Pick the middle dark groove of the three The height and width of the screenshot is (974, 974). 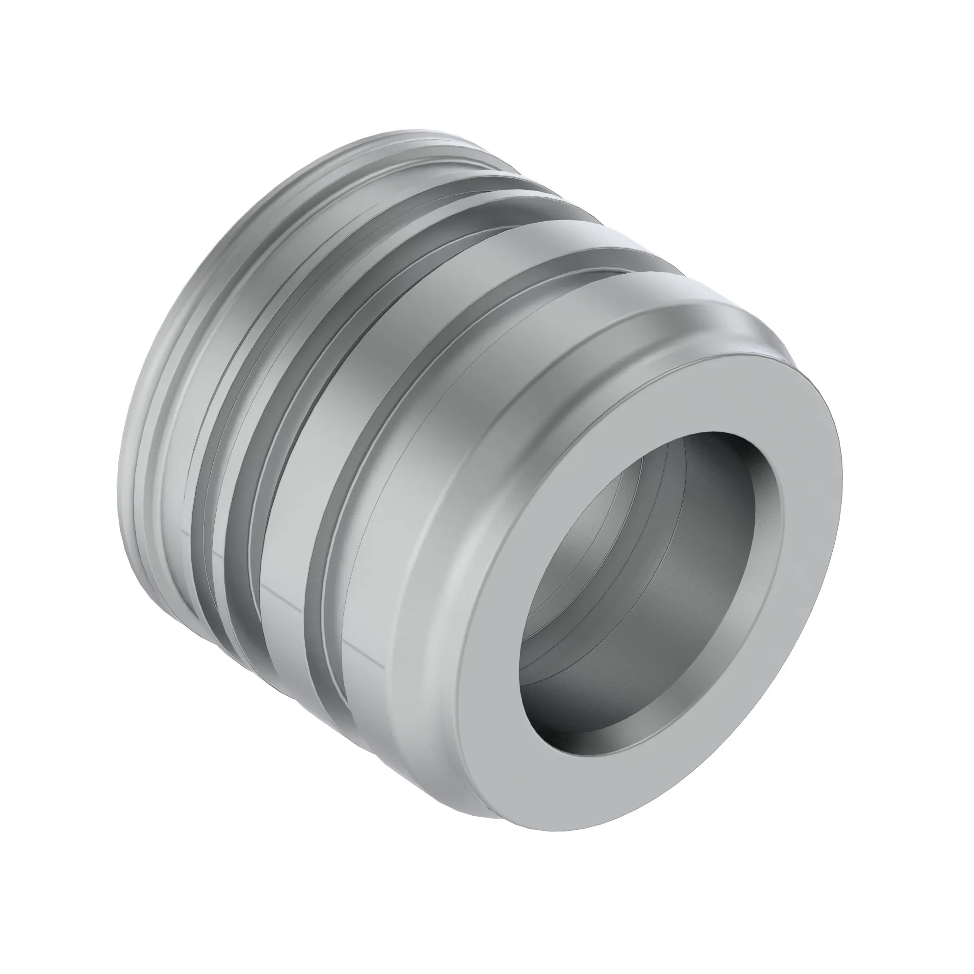237,504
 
